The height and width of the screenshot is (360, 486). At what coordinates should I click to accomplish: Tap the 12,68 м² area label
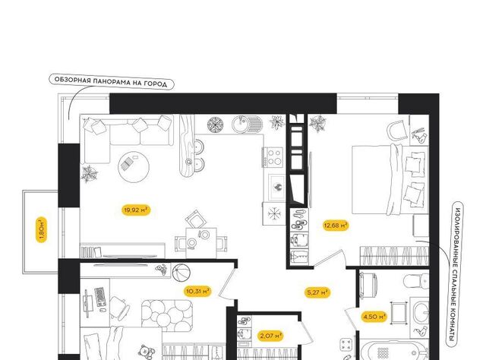(x=336, y=225)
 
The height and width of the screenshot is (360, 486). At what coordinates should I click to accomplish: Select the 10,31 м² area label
(x=198, y=291)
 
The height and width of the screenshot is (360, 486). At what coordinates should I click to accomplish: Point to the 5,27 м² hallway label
(x=317, y=292)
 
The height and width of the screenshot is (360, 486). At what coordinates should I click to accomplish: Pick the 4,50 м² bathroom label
(x=374, y=317)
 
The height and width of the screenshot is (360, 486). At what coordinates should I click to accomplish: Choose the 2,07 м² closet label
(x=271, y=335)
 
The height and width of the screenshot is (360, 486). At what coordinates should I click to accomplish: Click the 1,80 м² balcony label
(x=42, y=229)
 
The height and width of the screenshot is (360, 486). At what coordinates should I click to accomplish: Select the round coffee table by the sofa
(x=134, y=167)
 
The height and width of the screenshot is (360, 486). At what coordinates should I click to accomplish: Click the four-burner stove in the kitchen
(x=273, y=157)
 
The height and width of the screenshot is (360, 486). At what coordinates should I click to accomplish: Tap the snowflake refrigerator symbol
(x=273, y=213)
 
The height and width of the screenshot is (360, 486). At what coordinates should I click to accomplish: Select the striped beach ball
(x=181, y=273)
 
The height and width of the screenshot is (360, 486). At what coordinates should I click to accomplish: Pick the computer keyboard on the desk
(x=99, y=297)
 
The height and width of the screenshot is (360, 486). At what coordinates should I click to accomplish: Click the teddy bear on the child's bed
(x=147, y=352)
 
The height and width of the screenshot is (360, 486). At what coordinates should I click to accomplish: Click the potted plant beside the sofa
(x=90, y=174)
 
